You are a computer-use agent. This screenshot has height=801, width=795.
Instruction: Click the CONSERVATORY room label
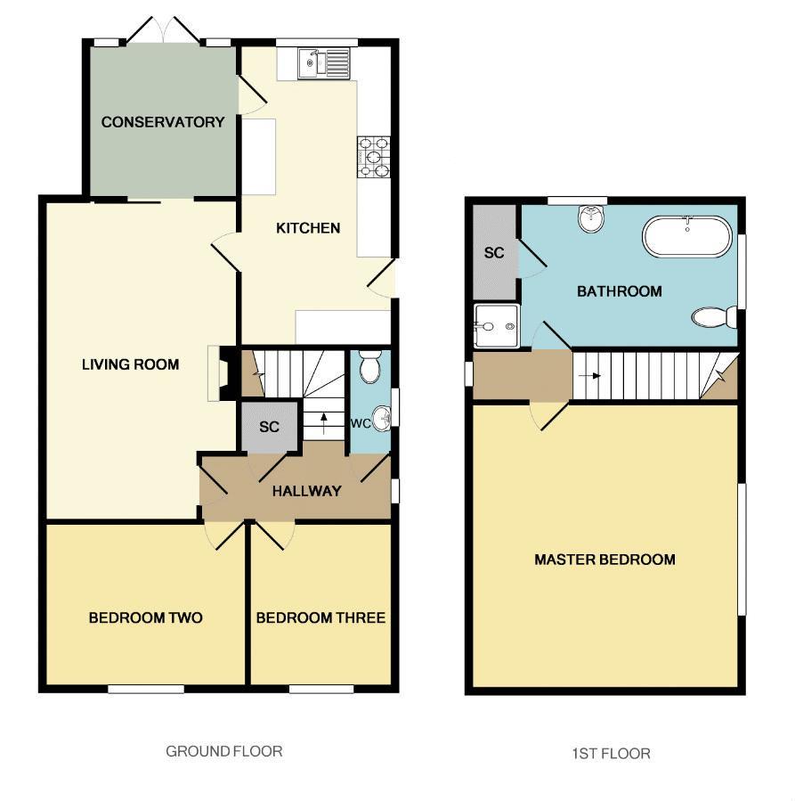(163, 122)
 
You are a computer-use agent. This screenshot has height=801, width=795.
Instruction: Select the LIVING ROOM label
(130, 364)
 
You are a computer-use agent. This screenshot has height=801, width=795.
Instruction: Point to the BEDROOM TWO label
(145, 617)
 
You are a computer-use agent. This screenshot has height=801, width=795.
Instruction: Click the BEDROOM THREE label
(320, 617)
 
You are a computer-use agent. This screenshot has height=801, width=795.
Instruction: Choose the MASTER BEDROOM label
(604, 560)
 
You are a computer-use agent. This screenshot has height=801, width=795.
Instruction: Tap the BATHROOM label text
(620, 291)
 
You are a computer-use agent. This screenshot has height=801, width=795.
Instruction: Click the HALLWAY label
(306, 491)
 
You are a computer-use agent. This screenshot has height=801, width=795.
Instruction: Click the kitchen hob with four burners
(373, 156)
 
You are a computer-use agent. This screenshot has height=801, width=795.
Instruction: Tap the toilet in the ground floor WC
(369, 365)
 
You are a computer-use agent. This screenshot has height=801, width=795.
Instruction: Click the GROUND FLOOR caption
(224, 751)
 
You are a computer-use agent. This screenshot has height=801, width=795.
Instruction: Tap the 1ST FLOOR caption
(611, 754)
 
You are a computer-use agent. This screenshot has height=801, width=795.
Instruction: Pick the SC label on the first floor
(494, 253)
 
